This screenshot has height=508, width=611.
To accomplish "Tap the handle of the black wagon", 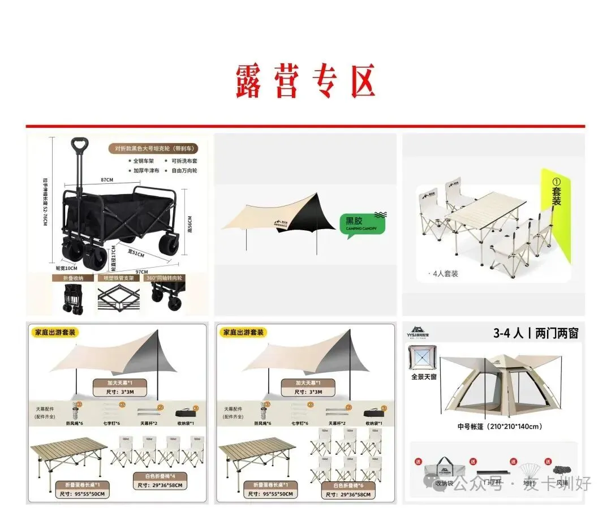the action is click(80, 145).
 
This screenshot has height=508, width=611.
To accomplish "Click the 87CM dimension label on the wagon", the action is click(107, 180).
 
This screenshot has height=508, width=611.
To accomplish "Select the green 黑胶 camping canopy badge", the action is click(362, 223).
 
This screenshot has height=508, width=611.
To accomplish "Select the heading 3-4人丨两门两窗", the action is click(536, 334).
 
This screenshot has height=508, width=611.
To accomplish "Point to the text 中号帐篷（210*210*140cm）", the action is click(500, 427).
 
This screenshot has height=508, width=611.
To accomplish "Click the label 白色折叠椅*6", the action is click(348, 485).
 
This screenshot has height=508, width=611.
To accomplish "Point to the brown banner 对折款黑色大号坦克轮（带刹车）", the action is click(153, 149).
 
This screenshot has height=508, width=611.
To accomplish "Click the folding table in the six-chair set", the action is click(257, 456).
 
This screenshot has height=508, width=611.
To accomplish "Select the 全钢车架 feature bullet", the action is click(144, 161).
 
